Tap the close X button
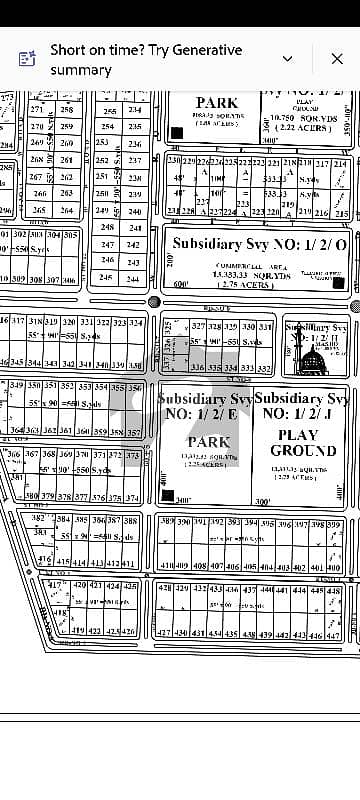click(337, 59)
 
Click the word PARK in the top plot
click(217, 102)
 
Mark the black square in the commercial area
click(338, 283)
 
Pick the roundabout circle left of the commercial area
click(154, 301)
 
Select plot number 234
click(135, 110)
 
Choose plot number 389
click(167, 523)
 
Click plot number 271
click(37, 109)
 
